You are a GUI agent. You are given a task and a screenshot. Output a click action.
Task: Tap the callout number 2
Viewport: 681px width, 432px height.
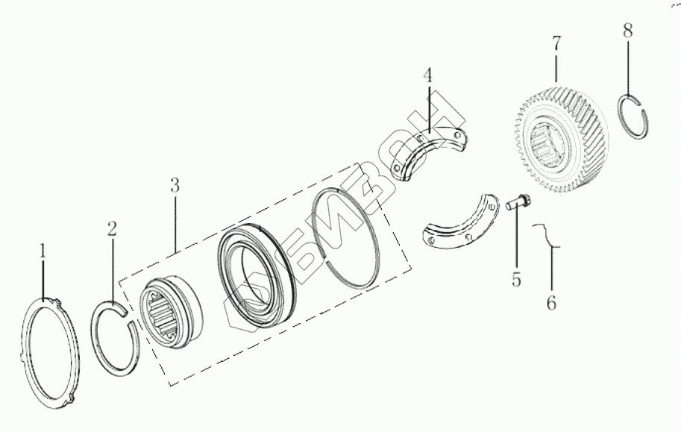pos(111,229)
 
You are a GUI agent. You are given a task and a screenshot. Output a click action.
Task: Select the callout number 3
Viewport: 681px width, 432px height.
pos(174,186)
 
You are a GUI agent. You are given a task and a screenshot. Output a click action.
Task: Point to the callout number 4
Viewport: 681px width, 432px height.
pos(427,76)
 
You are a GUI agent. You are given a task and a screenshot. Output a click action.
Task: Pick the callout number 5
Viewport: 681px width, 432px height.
pos(516,281)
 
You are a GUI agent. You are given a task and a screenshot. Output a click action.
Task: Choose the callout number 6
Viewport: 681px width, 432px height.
pos(551,303)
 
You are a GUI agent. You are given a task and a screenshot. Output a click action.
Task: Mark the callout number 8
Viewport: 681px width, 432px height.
pos(627,31)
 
